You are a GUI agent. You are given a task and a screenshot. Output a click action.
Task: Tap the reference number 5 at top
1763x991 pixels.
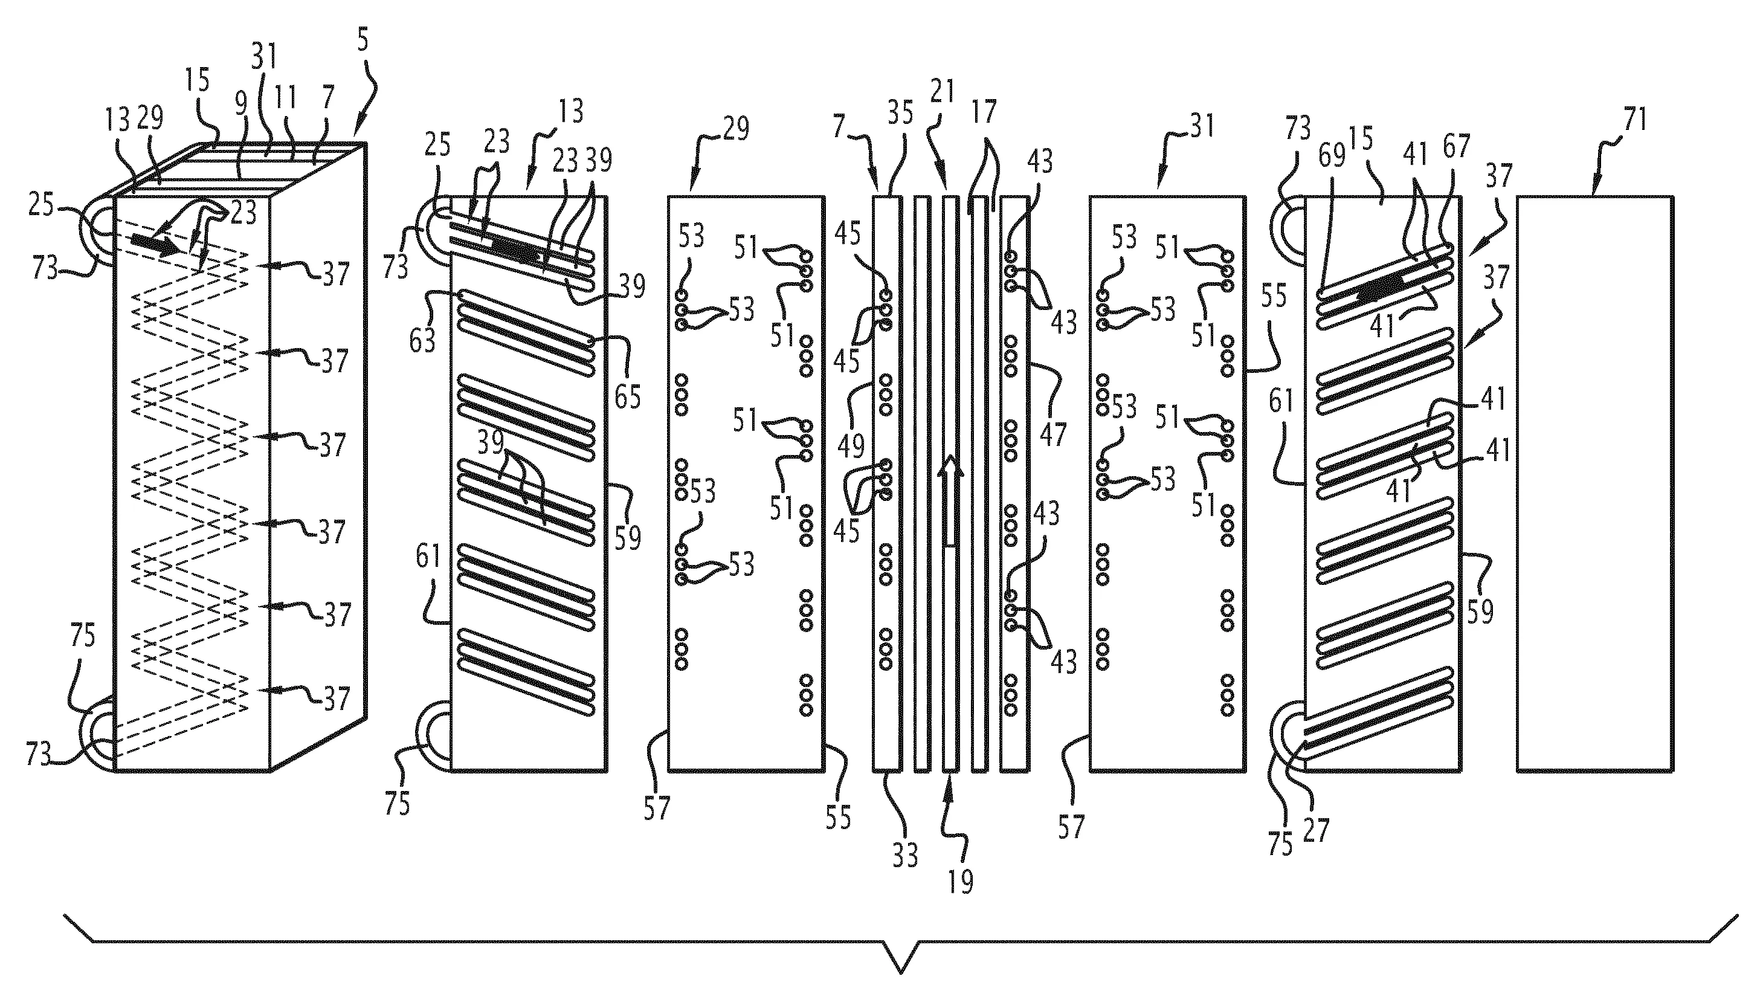363,41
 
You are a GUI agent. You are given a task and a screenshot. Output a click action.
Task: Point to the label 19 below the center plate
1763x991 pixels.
961,882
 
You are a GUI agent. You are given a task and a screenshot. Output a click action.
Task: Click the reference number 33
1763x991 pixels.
906,855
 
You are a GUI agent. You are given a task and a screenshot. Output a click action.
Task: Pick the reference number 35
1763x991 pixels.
901,112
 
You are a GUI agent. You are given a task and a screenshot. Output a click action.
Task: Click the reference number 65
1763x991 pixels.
628,396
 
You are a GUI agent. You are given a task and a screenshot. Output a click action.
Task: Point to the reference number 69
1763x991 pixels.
1332,156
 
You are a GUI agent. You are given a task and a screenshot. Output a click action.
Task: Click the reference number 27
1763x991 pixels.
1316,830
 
